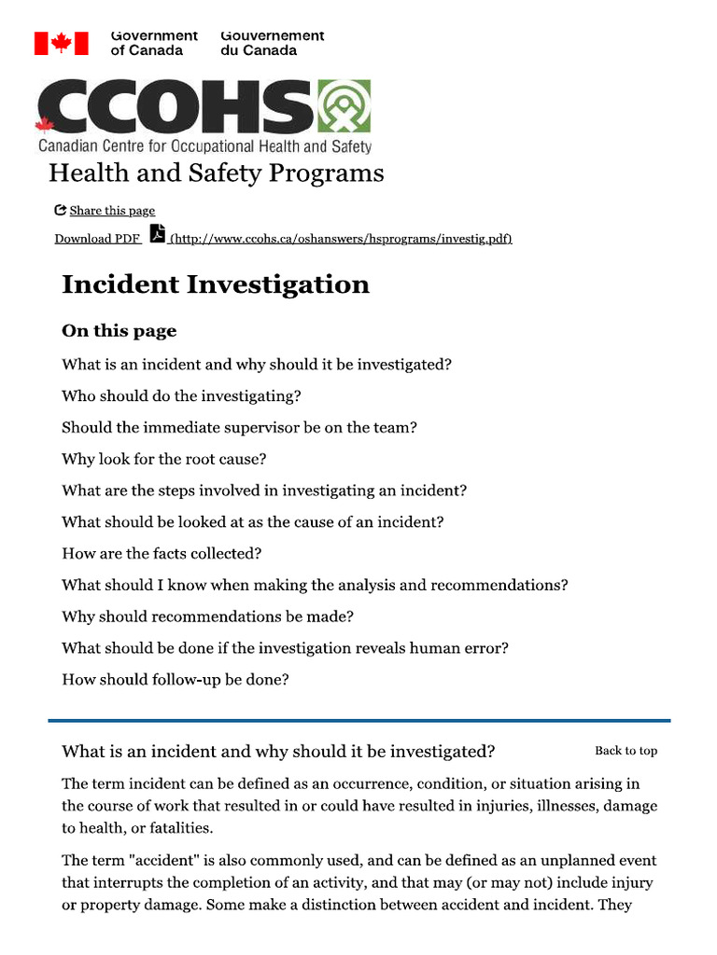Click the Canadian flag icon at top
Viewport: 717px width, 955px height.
[x=62, y=43]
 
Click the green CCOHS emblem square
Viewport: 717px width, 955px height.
[x=344, y=106]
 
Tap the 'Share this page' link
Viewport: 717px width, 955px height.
[x=111, y=211]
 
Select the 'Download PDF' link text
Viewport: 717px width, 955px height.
[x=97, y=239]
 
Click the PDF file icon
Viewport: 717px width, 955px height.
[x=158, y=234]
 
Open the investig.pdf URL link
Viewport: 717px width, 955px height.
[x=340, y=239]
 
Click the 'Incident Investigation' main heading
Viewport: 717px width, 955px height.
[x=215, y=284]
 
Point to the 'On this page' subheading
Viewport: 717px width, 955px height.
[x=119, y=331]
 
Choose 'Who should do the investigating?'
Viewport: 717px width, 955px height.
[x=181, y=395]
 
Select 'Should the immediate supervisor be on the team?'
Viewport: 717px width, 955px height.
[x=239, y=427]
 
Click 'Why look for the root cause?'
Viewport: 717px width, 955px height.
[x=163, y=459]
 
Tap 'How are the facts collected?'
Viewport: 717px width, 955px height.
[x=162, y=553]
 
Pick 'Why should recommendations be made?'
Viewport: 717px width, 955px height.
[x=207, y=616]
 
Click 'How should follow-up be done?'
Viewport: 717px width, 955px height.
[x=175, y=680]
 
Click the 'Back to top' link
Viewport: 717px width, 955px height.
[x=626, y=751]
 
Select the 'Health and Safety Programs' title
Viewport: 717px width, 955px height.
[x=216, y=173]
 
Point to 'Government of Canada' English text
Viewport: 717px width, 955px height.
[x=154, y=43]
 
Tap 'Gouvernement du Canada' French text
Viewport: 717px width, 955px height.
[x=272, y=43]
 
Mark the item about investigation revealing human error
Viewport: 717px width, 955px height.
[x=285, y=648]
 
